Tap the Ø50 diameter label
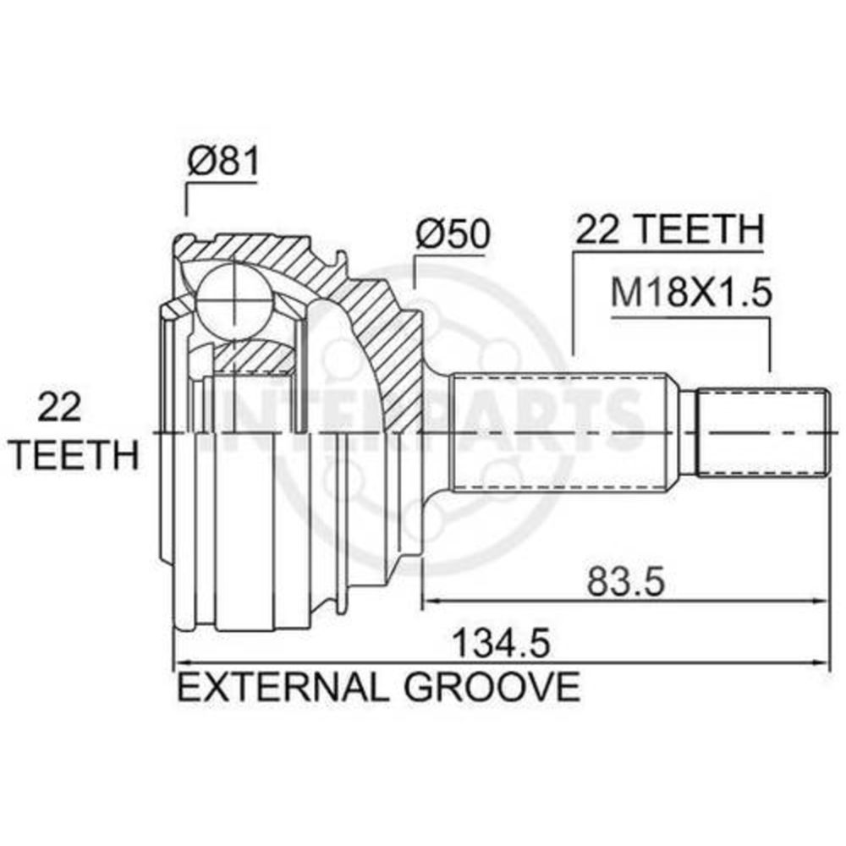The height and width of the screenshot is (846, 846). pos(453,233)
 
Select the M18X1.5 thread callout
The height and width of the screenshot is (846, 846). pos(691,293)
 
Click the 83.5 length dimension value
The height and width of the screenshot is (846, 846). pos(626,582)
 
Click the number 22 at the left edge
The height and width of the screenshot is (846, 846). pos(59,408)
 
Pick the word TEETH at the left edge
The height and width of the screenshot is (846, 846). pos(74,454)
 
